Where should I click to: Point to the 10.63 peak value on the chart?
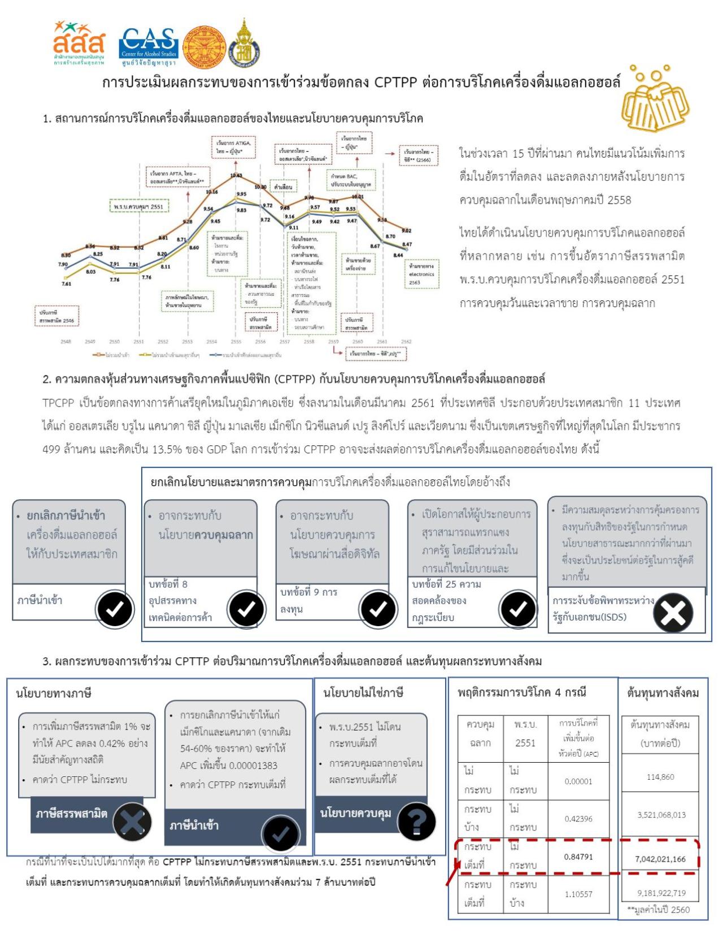236,176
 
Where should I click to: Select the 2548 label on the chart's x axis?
66,342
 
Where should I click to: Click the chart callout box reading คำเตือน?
283,187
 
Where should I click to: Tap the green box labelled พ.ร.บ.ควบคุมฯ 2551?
138,207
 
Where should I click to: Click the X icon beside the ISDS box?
673,613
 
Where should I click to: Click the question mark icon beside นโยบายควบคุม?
417,822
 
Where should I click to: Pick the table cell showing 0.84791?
578,857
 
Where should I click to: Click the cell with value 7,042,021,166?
660,859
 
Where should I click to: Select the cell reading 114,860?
660,777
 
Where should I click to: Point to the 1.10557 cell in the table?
578,894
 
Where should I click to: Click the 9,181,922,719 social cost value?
660,893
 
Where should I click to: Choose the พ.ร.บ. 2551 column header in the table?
525,733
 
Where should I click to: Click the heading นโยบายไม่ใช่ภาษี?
363,692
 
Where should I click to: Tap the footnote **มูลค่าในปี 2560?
658,910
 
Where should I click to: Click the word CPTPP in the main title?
395,82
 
